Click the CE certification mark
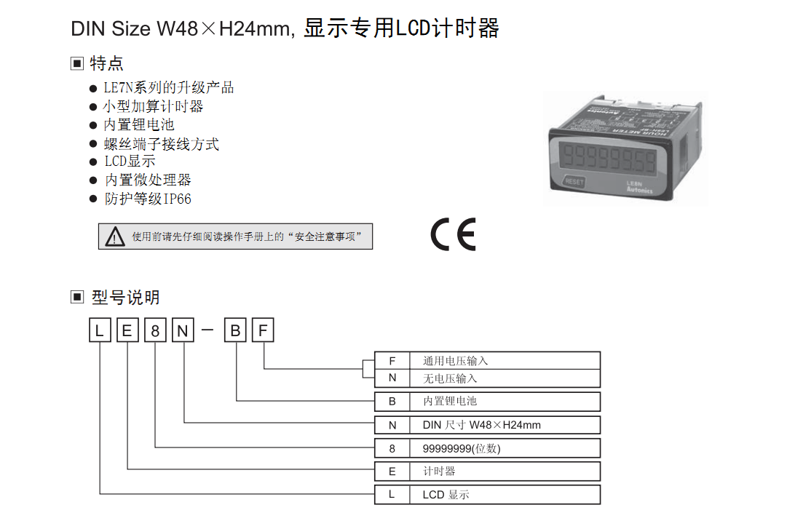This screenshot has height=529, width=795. pyautogui.click(x=454, y=234)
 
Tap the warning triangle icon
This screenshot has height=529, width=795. pyautogui.click(x=115, y=236)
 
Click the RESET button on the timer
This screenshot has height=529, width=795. pyautogui.click(x=574, y=181)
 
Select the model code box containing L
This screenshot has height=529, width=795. pyautogui.click(x=100, y=330)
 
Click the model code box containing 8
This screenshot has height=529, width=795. pyautogui.click(x=155, y=330)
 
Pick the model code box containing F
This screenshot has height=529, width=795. pyautogui.click(x=263, y=330)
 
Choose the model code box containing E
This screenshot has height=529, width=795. pyautogui.click(x=127, y=330)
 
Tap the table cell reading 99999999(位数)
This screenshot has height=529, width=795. pyautogui.click(x=505, y=448)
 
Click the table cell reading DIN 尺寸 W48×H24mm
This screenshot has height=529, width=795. pyautogui.click(x=505, y=425)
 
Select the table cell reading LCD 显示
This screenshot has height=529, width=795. pyautogui.click(x=505, y=495)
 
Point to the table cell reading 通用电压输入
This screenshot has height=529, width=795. pyautogui.click(x=505, y=360)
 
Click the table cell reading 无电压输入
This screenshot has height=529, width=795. pyautogui.click(x=505, y=378)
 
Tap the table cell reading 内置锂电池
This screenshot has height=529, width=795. pyautogui.click(x=505, y=402)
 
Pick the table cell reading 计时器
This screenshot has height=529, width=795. pyautogui.click(x=505, y=472)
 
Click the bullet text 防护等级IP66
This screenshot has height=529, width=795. pyautogui.click(x=148, y=199)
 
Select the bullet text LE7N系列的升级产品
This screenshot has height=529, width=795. pyautogui.click(x=169, y=87)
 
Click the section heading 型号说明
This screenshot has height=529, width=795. pyautogui.click(x=126, y=298)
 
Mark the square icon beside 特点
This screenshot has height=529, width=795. pyautogui.click(x=76, y=63)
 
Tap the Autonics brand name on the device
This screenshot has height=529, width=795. pyautogui.click(x=639, y=190)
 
